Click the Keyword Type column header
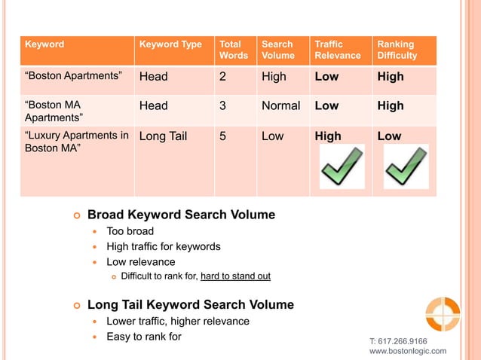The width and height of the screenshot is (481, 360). [x=170, y=44]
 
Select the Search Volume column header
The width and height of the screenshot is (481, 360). [x=277, y=50]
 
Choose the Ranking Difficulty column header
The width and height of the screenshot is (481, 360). [x=397, y=50]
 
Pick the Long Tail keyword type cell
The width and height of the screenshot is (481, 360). [x=163, y=136]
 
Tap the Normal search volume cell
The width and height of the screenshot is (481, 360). [x=280, y=106]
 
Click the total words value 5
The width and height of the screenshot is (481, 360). [x=222, y=136]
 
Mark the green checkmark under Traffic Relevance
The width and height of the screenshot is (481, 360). [x=342, y=167]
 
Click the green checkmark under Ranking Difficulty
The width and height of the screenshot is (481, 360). [x=406, y=167]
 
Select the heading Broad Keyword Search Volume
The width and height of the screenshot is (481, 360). [x=181, y=215]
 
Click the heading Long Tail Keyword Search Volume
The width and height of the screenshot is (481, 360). [x=191, y=305]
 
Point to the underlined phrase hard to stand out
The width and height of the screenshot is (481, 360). [x=235, y=276]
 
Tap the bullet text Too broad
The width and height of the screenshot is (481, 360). [x=130, y=231]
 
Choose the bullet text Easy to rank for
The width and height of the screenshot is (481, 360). [x=143, y=337]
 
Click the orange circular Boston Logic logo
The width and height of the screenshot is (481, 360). [x=442, y=314]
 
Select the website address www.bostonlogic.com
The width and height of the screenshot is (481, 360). [x=407, y=351]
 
